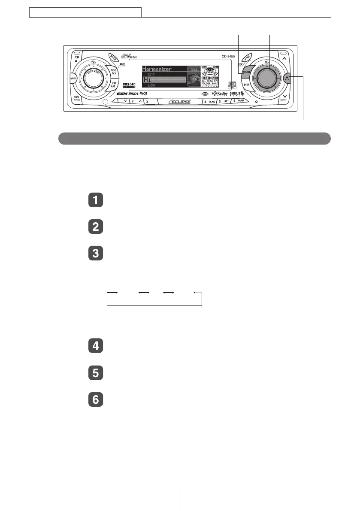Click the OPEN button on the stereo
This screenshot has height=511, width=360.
coord(113,57)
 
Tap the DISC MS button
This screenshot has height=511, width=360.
coord(114,72)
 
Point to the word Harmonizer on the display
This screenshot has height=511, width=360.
coord(157,69)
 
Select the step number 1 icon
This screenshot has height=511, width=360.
coord(96,201)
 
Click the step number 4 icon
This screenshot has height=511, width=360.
coord(96,346)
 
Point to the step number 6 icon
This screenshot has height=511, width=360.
coord(96,400)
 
